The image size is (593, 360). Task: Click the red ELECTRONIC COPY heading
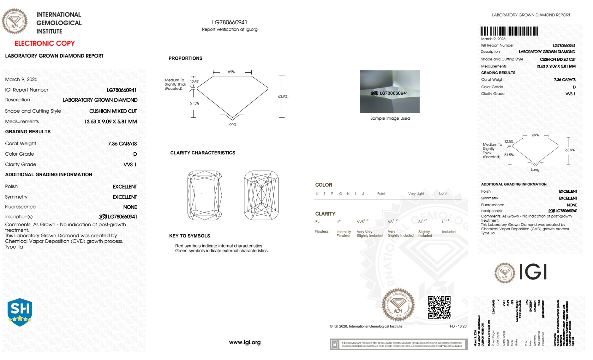(45, 43)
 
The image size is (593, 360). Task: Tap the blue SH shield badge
(20, 312)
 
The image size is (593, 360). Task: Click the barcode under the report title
(509, 31)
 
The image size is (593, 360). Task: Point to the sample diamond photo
(389, 91)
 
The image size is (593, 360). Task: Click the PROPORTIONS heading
(185, 58)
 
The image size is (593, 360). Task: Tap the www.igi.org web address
(245, 342)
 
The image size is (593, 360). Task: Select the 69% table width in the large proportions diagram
(231, 72)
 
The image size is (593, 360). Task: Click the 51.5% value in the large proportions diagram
(194, 103)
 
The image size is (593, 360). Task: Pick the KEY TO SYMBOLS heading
(190, 236)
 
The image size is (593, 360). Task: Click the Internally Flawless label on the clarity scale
(343, 234)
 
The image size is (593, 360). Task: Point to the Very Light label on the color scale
(416, 194)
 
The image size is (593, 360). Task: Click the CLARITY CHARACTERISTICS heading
(203, 153)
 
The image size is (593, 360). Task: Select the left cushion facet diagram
(205, 195)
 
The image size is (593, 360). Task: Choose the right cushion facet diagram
(261, 195)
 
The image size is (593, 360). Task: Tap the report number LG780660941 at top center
(230, 22)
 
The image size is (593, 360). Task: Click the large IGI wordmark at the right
(533, 272)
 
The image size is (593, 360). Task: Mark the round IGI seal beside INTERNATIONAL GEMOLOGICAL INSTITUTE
(15, 21)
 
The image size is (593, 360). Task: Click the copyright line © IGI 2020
(366, 326)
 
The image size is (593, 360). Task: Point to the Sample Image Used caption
(390, 118)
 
